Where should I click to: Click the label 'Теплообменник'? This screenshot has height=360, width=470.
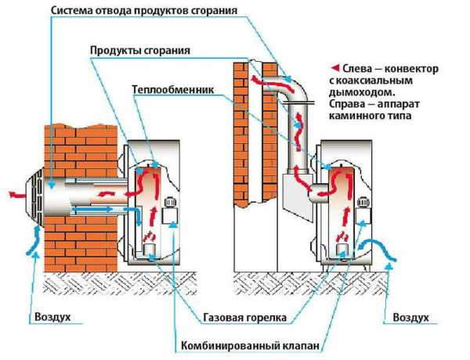pos(173,89)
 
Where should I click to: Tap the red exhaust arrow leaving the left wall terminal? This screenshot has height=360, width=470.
pos(14,193)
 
